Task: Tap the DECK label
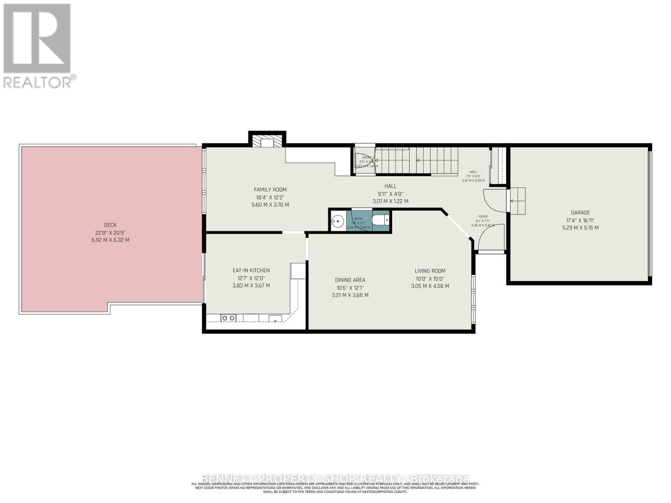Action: pos(110,225)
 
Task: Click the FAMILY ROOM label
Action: pos(270,189)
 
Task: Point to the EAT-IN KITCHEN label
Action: pos(251,270)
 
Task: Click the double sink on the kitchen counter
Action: pos(228,319)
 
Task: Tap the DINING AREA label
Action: pos(350,280)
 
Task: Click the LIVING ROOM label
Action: pos(430,271)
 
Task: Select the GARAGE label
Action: pos(580,213)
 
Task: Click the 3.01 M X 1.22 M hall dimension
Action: pos(390,201)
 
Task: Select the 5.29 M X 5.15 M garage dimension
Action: pos(580,228)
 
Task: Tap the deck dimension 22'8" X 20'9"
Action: pos(110,233)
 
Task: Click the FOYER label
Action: pos(483,217)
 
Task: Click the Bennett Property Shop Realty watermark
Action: pos(335,479)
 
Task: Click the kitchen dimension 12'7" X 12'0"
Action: pos(251,278)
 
